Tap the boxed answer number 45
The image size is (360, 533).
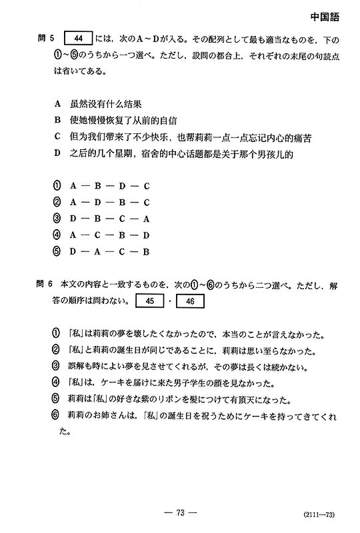click(149, 301)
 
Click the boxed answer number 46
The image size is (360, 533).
click(190, 301)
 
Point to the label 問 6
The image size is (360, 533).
click(47, 285)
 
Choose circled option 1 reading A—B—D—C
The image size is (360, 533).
click(57, 186)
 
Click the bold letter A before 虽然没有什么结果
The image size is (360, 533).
click(57, 105)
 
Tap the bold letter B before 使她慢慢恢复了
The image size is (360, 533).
click(57, 121)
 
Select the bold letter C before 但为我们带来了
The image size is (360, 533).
click(57, 137)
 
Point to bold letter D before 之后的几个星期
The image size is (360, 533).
click(57, 154)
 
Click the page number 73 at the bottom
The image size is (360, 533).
click(180, 512)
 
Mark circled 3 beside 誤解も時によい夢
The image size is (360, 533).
click(56, 366)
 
